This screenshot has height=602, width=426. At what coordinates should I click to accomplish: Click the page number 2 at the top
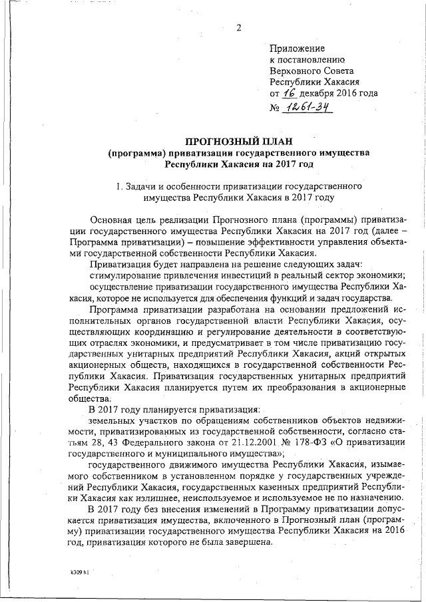tap(238, 27)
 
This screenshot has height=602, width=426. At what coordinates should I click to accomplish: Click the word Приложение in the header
tap(298, 48)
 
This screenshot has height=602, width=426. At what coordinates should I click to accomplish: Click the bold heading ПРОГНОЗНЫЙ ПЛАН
tap(238, 141)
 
